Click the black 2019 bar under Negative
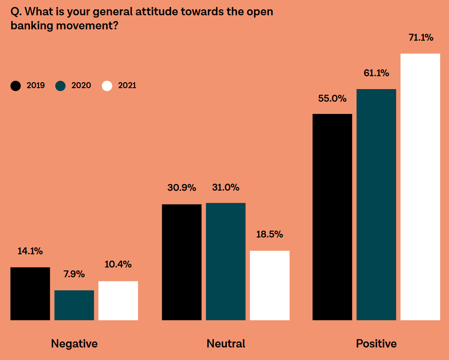[x=30, y=294]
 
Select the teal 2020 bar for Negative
[x=74, y=305]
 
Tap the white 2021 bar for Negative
[x=118, y=300]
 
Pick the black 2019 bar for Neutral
[x=182, y=262]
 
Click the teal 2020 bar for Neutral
[x=225, y=262]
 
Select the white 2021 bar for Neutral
[x=269, y=285]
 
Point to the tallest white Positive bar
[x=420, y=187]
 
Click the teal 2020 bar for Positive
[x=376, y=204]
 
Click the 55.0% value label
[x=332, y=98]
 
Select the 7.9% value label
[x=74, y=274]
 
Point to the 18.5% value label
[x=269, y=234]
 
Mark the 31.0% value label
[x=225, y=187]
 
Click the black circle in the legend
[x=16, y=86]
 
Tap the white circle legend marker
[x=107, y=86]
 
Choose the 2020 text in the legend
[x=81, y=85]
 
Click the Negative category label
[x=74, y=344]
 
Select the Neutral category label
[x=226, y=344]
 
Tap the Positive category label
[x=376, y=344]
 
